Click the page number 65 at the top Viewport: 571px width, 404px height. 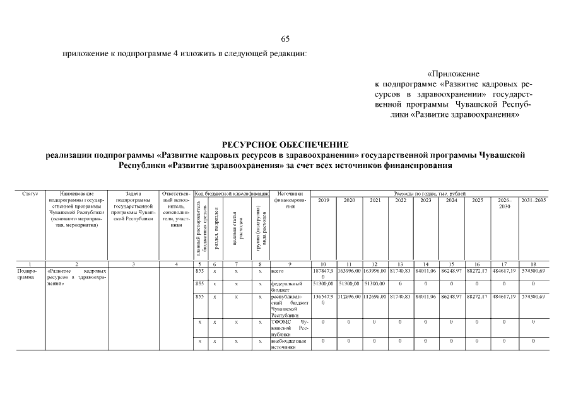click(285, 40)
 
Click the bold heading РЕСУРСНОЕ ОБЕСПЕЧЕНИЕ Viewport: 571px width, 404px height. click(285, 145)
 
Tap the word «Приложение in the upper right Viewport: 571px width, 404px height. click(453, 74)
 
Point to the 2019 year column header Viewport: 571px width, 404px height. click(323, 200)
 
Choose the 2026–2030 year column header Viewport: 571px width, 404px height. click(503, 203)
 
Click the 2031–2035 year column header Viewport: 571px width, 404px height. click(534, 200)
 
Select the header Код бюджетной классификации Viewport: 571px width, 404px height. click(232, 193)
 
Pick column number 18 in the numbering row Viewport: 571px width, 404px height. click(534, 263)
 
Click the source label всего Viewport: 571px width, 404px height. click(278, 270)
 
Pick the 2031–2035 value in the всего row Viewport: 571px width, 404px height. click(534, 270)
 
